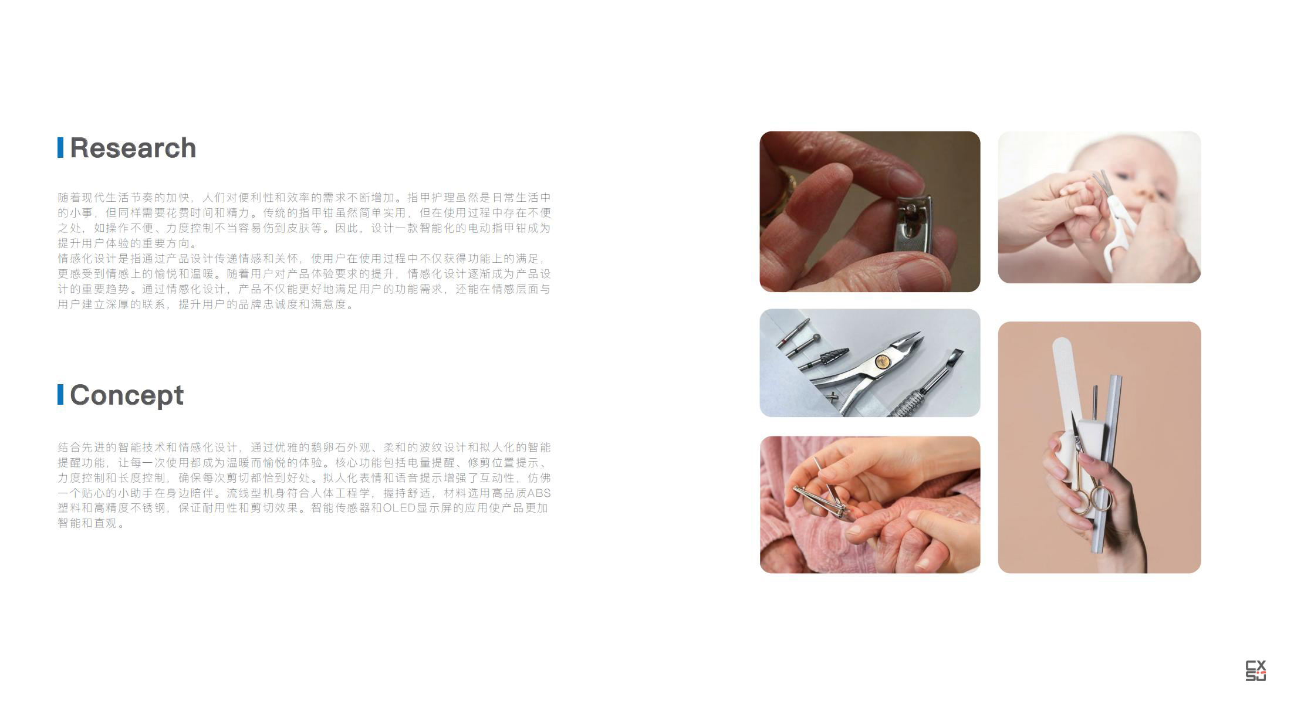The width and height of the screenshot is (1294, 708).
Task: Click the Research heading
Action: [x=133, y=148]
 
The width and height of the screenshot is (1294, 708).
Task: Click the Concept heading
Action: [x=127, y=395]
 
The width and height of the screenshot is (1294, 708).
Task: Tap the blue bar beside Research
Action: [x=60, y=148]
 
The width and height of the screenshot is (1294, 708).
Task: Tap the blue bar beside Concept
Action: [x=60, y=395]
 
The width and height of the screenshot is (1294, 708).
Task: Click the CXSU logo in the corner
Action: [x=1255, y=670]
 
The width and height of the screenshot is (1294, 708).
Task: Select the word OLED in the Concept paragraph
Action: [x=399, y=508]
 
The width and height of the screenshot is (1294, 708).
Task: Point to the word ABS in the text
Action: [x=539, y=493]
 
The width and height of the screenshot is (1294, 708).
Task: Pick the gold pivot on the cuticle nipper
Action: [x=880, y=362]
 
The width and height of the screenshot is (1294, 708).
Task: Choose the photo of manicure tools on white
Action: [x=870, y=363]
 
